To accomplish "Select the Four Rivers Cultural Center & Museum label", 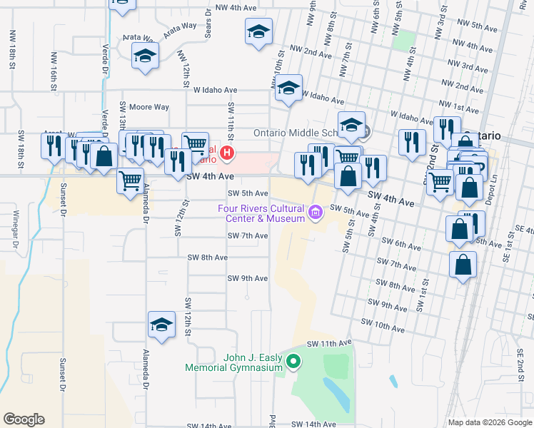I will click(261, 213).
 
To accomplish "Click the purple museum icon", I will click(315, 213).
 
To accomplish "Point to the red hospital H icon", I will click(227, 153).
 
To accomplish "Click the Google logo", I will click(24, 419).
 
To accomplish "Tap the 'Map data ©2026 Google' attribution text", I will click(489, 422).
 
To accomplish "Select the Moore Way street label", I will click(148, 107).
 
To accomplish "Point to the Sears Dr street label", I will click(208, 19).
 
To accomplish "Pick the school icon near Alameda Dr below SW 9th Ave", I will click(162, 325).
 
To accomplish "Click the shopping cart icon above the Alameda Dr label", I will click(131, 181).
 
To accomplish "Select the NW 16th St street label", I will click(53, 69).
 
